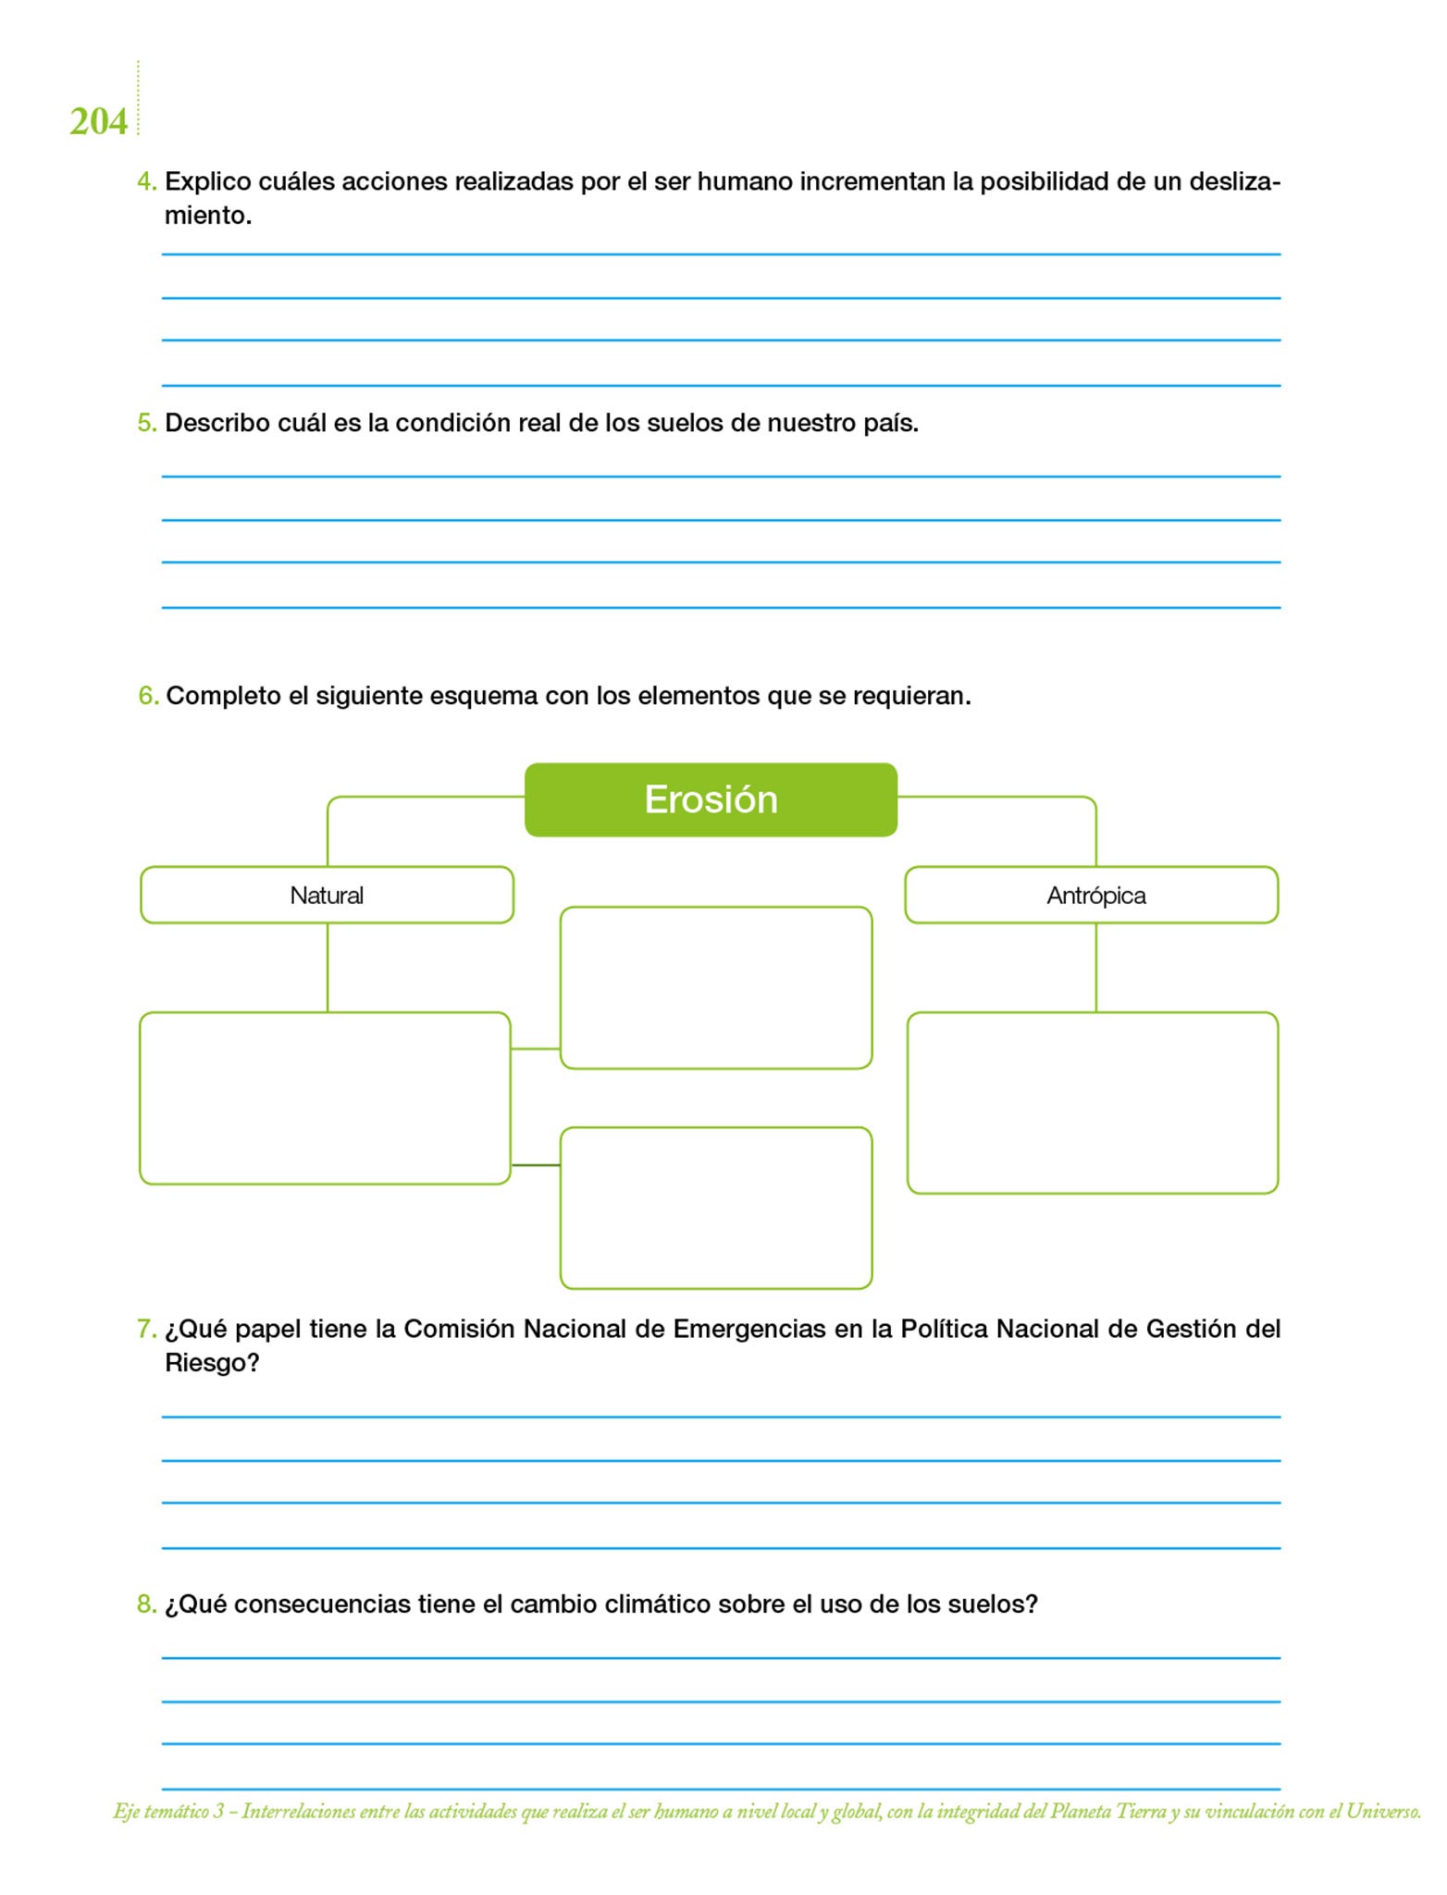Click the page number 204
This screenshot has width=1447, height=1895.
98,122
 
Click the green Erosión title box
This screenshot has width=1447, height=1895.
711,799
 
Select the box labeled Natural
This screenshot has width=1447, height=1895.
327,895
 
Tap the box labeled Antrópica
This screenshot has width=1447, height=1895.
1092,895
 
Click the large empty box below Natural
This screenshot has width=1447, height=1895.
325,1098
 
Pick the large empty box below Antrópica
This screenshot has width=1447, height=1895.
1092,1102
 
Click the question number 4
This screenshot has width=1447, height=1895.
145,181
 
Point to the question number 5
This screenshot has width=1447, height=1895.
146,423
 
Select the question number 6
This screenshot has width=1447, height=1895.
147,696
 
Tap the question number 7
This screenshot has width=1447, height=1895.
145,1329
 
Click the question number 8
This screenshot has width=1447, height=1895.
146,1604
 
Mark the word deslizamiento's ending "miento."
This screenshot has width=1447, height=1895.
207,216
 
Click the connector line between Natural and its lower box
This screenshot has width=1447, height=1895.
328,967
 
